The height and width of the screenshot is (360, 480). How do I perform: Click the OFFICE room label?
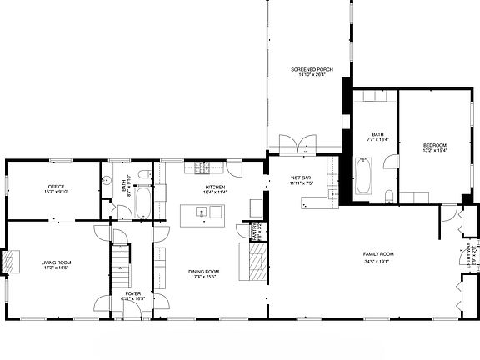click(57, 186)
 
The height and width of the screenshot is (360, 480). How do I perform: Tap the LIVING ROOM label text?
click(57, 262)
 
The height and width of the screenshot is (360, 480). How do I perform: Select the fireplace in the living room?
click(12, 261)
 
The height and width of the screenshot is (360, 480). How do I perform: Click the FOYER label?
click(133, 293)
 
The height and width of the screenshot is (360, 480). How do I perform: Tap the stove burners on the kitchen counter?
click(202, 167)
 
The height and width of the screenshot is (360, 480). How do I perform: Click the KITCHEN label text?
click(215, 187)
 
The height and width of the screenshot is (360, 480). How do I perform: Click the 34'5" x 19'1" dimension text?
click(377, 261)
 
